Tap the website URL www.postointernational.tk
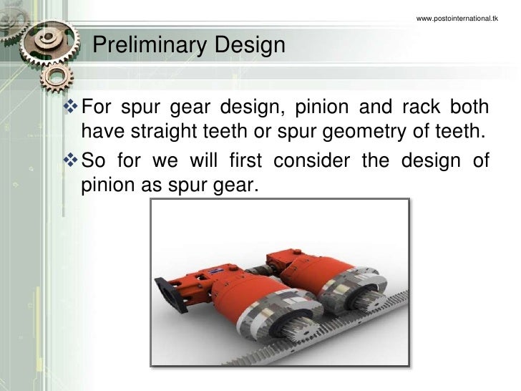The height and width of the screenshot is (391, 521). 457,17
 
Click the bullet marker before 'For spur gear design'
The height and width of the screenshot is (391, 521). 72,108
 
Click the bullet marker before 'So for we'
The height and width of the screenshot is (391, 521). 72,158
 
